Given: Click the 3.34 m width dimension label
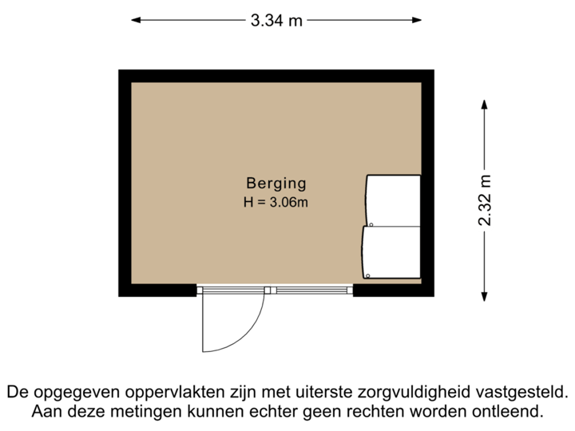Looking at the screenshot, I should click(276, 21).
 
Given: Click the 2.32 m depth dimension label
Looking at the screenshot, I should click(485, 200).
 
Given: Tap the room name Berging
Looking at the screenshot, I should click(276, 184).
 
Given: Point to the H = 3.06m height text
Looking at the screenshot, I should click(276, 202).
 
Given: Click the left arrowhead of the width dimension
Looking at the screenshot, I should click(137, 21).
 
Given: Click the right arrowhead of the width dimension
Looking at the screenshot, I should click(418, 21).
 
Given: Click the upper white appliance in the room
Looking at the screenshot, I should click(392, 200).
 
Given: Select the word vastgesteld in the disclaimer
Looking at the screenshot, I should click(525, 393).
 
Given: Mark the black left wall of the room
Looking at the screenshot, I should click(125, 184).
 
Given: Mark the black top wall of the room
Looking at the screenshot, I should click(276, 75).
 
